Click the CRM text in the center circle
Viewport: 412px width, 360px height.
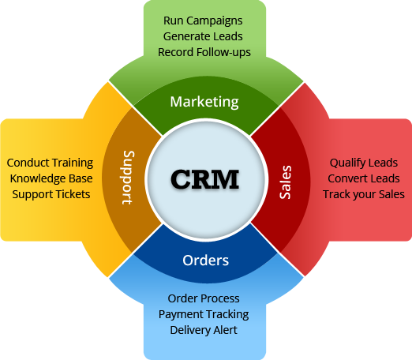(x=205, y=179)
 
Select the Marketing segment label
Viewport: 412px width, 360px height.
(x=204, y=102)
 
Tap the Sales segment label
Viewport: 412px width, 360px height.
(x=285, y=182)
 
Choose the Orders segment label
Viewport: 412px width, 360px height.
(x=206, y=261)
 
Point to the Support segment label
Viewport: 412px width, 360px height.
(x=129, y=178)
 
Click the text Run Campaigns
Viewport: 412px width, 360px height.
(x=203, y=21)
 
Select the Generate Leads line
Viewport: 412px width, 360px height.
(x=203, y=36)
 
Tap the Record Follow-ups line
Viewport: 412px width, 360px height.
(x=204, y=52)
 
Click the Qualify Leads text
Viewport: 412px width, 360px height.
(x=364, y=163)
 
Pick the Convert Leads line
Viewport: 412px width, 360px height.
(x=364, y=178)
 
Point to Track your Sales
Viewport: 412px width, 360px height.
(x=364, y=194)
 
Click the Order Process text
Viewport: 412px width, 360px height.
(x=204, y=298)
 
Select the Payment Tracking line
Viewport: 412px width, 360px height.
(x=204, y=314)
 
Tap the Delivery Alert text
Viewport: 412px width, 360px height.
(x=204, y=330)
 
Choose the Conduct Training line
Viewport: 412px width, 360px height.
(x=50, y=163)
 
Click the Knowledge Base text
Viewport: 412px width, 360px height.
(x=51, y=178)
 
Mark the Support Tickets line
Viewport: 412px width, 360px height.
(x=51, y=194)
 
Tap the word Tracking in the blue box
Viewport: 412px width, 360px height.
(x=227, y=315)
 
